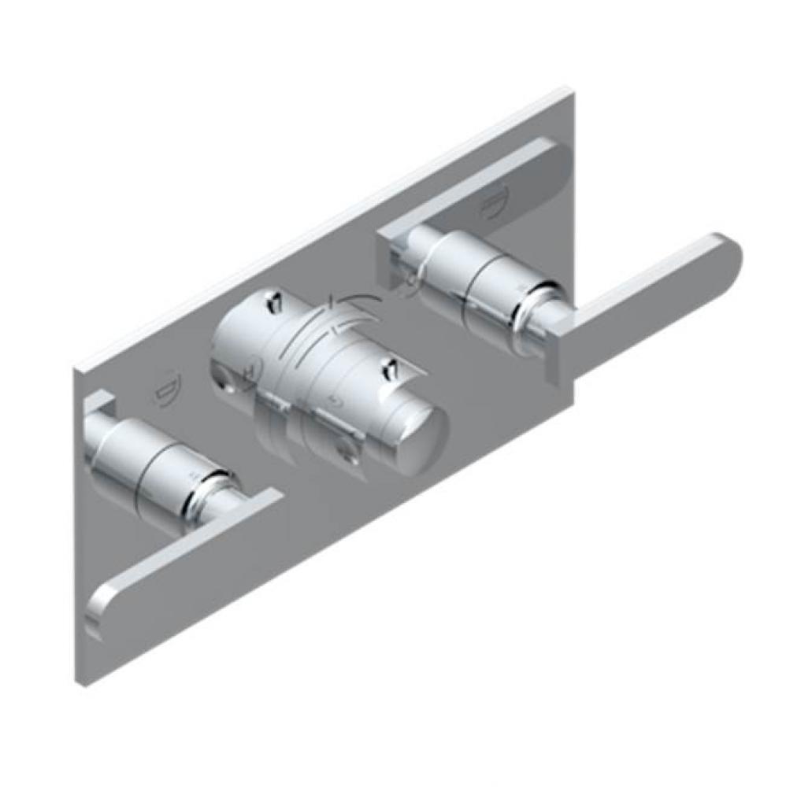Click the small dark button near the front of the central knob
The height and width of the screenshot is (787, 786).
(x=387, y=368)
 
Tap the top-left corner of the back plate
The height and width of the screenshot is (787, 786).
(x=79, y=367)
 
